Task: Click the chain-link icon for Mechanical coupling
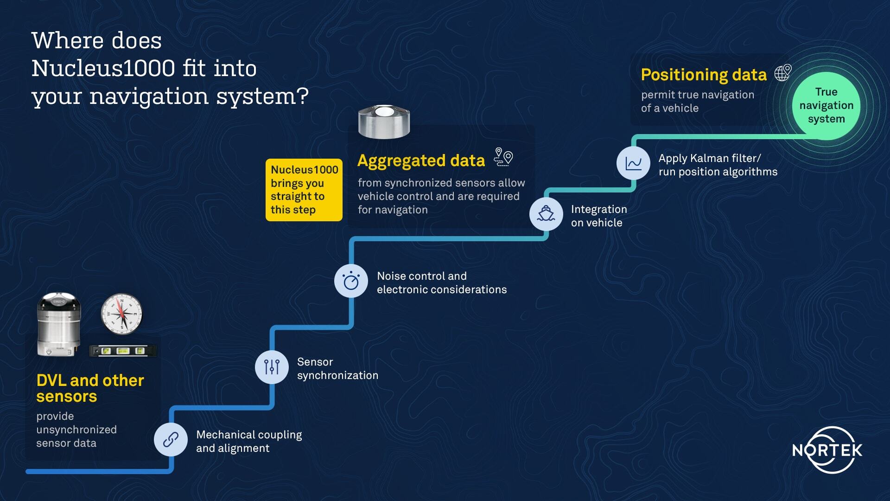(171, 439)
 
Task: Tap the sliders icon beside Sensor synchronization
(272, 367)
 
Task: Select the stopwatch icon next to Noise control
(351, 281)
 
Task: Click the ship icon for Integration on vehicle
(546, 214)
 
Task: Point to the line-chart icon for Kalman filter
(633, 163)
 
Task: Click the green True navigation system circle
(826, 106)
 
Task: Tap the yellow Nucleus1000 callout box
(304, 190)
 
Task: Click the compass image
(121, 314)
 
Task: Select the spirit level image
(123, 351)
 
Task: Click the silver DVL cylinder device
(59, 325)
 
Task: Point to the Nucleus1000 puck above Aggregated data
(384, 122)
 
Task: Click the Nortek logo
(827, 450)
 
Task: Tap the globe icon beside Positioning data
(783, 73)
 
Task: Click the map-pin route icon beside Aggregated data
(503, 157)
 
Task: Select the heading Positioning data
(704, 75)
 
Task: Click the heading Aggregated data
(421, 161)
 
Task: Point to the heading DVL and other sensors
(90, 388)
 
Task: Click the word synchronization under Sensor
(337, 375)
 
